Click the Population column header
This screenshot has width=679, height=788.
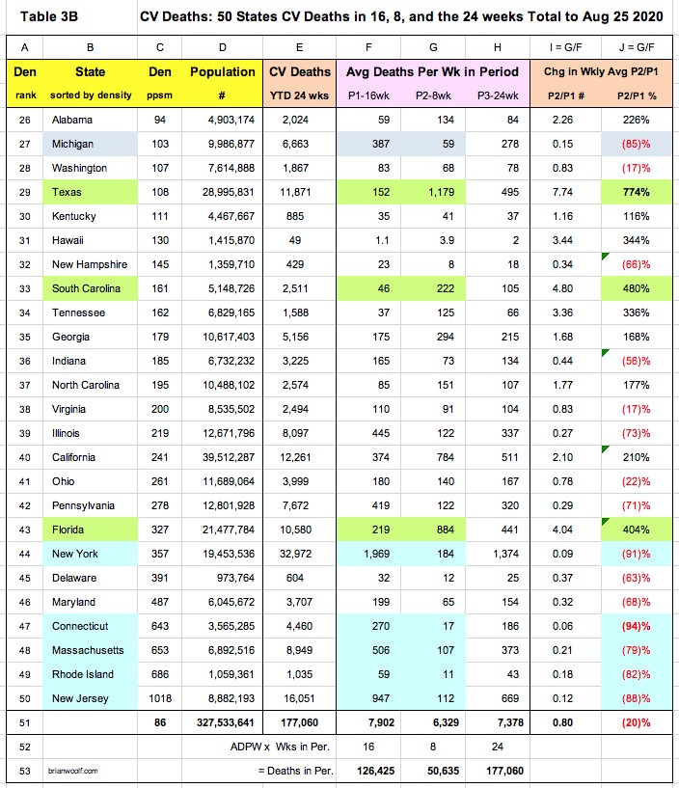tap(223, 72)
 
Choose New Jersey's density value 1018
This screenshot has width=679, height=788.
tap(155, 697)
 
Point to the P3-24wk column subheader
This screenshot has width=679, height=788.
tap(485, 95)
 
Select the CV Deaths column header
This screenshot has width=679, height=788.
tap(299, 72)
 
